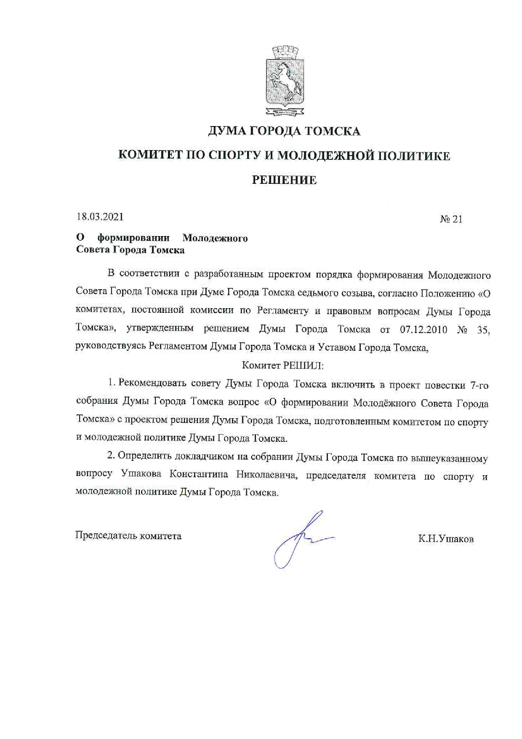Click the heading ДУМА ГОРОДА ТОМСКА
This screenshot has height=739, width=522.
(284, 132)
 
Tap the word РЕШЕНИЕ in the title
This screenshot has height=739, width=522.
(284, 180)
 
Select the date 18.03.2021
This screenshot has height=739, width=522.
(100, 217)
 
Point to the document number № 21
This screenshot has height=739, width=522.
(451, 219)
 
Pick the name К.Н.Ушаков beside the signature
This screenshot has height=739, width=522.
(446, 539)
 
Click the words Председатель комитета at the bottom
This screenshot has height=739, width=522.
(128, 536)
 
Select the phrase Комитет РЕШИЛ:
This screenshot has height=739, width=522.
(283, 365)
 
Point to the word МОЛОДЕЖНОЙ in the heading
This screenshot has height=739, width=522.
(324, 156)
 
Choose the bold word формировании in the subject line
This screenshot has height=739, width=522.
(133, 238)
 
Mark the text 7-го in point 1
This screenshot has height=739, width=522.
(477, 385)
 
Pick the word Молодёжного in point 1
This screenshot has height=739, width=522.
(384, 403)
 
